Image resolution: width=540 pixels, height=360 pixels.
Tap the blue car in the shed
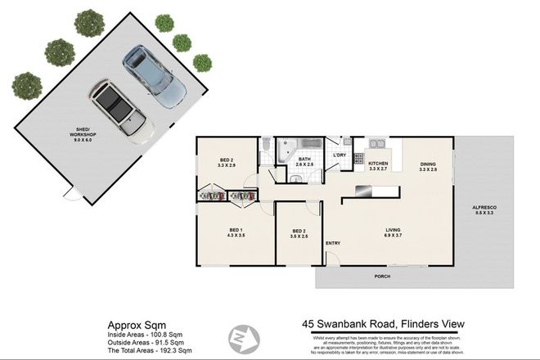click(151, 78)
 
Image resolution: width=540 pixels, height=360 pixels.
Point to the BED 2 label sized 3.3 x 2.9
click(227, 163)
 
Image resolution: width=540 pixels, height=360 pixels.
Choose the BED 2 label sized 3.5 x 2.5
click(299, 235)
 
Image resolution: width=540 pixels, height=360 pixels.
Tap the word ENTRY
click(333, 243)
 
